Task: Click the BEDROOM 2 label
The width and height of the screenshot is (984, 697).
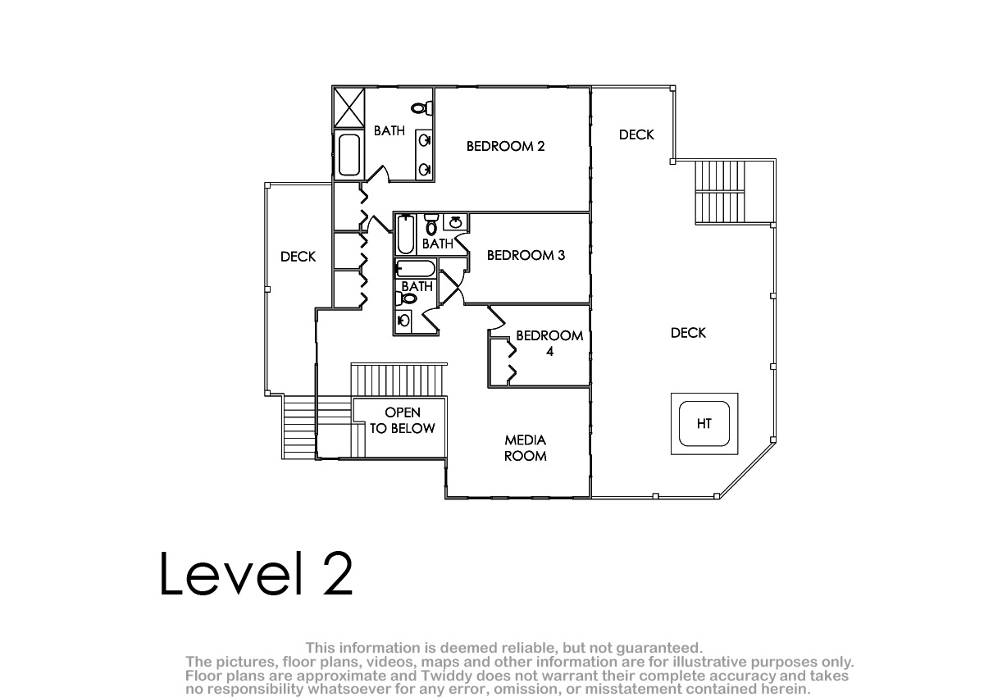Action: point(505,146)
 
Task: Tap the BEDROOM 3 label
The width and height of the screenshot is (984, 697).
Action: point(526,255)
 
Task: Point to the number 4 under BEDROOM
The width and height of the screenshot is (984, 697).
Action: point(549,351)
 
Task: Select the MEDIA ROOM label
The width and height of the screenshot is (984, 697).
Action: point(526,448)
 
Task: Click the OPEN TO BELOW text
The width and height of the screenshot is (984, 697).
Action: point(403,421)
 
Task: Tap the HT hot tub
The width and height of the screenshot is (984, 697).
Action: point(704,424)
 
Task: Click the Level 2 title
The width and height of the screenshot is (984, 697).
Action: point(256,573)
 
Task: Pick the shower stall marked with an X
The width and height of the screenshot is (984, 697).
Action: point(349,107)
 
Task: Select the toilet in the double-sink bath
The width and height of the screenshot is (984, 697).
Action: point(422,108)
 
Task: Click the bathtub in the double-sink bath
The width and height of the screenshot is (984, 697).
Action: point(349,155)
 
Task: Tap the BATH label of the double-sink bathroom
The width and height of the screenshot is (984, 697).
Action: point(389,131)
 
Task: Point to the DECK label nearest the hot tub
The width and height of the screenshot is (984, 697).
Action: point(688,333)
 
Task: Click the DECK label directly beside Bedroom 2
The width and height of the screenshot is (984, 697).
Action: point(636,134)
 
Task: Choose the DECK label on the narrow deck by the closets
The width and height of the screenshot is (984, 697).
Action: point(298,257)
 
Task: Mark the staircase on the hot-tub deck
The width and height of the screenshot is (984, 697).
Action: point(720,192)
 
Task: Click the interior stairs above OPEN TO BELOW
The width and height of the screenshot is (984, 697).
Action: point(399,380)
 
